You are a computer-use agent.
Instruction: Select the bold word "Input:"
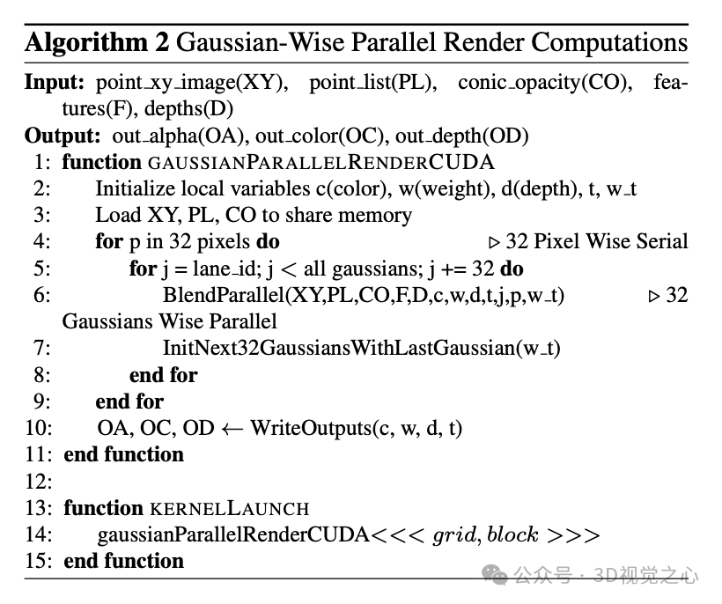pos(54,83)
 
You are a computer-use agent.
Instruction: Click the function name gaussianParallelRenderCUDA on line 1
pos(320,163)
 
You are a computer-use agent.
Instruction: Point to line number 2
pos(42,189)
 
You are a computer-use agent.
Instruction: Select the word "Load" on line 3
pos(117,216)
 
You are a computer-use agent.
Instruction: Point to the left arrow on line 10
pos(232,429)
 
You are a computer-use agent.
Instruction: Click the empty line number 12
pos(39,482)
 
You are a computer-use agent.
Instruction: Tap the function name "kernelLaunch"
pos(228,508)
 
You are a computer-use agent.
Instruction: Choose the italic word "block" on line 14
pos(513,534)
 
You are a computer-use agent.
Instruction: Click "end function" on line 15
pos(124,561)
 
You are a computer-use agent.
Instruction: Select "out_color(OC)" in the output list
pos(331,136)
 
